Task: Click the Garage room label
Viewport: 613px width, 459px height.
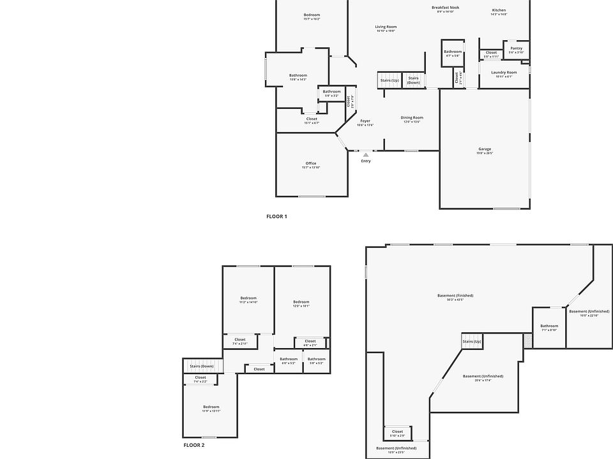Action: coord(485,149)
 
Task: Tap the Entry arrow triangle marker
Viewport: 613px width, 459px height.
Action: coord(366,154)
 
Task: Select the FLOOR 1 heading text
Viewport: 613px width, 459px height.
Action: coord(276,217)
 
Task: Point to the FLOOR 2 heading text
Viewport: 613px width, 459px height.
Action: coord(194,445)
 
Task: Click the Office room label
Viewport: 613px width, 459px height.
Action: coord(311,163)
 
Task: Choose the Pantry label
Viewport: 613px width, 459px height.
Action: coord(516,48)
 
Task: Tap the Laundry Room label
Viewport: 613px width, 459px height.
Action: coord(504,73)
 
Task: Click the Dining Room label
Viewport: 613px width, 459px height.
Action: coord(412,117)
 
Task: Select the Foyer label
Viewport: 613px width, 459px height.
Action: coord(365,120)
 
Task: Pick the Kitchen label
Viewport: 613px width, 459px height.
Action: coord(499,10)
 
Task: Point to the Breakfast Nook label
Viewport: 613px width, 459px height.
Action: coord(445,8)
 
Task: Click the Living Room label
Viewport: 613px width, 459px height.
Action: coord(386,27)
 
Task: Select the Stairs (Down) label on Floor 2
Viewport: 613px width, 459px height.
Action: coord(202,366)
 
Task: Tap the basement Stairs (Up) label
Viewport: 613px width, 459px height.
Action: coord(472,342)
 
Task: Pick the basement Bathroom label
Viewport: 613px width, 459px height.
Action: coord(549,326)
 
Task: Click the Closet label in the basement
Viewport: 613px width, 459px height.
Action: coord(397,432)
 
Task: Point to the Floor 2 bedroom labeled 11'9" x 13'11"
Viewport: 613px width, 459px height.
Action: coord(211,407)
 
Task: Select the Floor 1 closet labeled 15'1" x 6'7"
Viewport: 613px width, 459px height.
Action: coord(312,119)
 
